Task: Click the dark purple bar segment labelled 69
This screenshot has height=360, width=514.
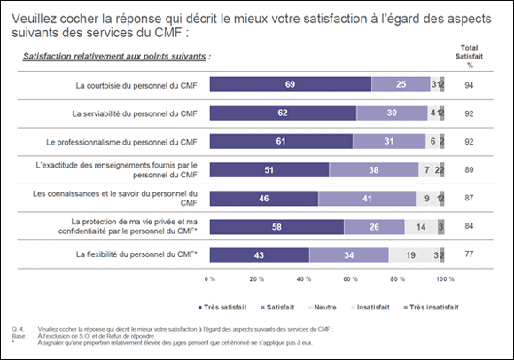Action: tap(290, 85)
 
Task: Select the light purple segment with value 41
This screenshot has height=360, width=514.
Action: tap(365, 200)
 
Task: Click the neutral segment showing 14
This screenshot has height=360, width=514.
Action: tap(418, 228)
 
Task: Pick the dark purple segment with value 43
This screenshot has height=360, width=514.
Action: tap(260, 256)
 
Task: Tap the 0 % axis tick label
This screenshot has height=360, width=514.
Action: tap(211, 278)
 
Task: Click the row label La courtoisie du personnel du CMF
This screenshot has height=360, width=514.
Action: tap(136, 85)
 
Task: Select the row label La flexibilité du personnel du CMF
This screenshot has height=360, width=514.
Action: tap(136, 256)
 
